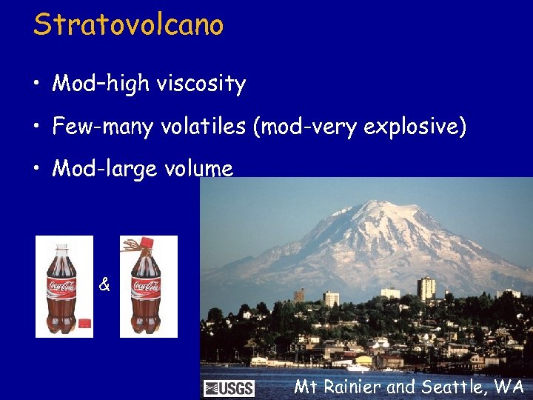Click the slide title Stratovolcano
[x=128, y=24]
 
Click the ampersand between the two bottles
[x=104, y=284]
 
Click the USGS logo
[x=229, y=388]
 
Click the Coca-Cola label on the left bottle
[x=62, y=286]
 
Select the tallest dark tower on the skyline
[x=425, y=288]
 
